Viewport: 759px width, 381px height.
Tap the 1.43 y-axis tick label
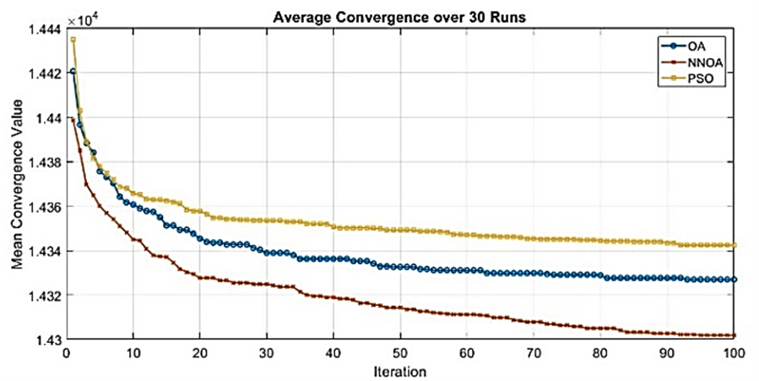pyautogui.click(x=47, y=340)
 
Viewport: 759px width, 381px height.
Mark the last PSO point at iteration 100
pyautogui.click(x=735, y=245)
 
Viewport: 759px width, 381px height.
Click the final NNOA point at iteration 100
pyautogui.click(x=735, y=335)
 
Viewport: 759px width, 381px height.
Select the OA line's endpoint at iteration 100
pyautogui.click(x=735, y=280)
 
